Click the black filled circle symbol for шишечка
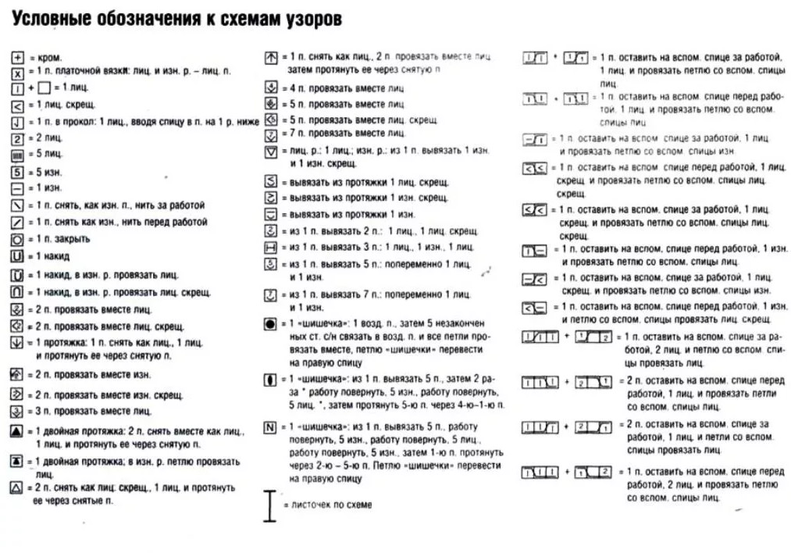click(x=270, y=323)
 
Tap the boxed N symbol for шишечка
click(x=270, y=427)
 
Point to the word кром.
click(x=50, y=58)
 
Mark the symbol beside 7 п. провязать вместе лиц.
click(x=271, y=134)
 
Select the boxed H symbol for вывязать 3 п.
click(x=271, y=248)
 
